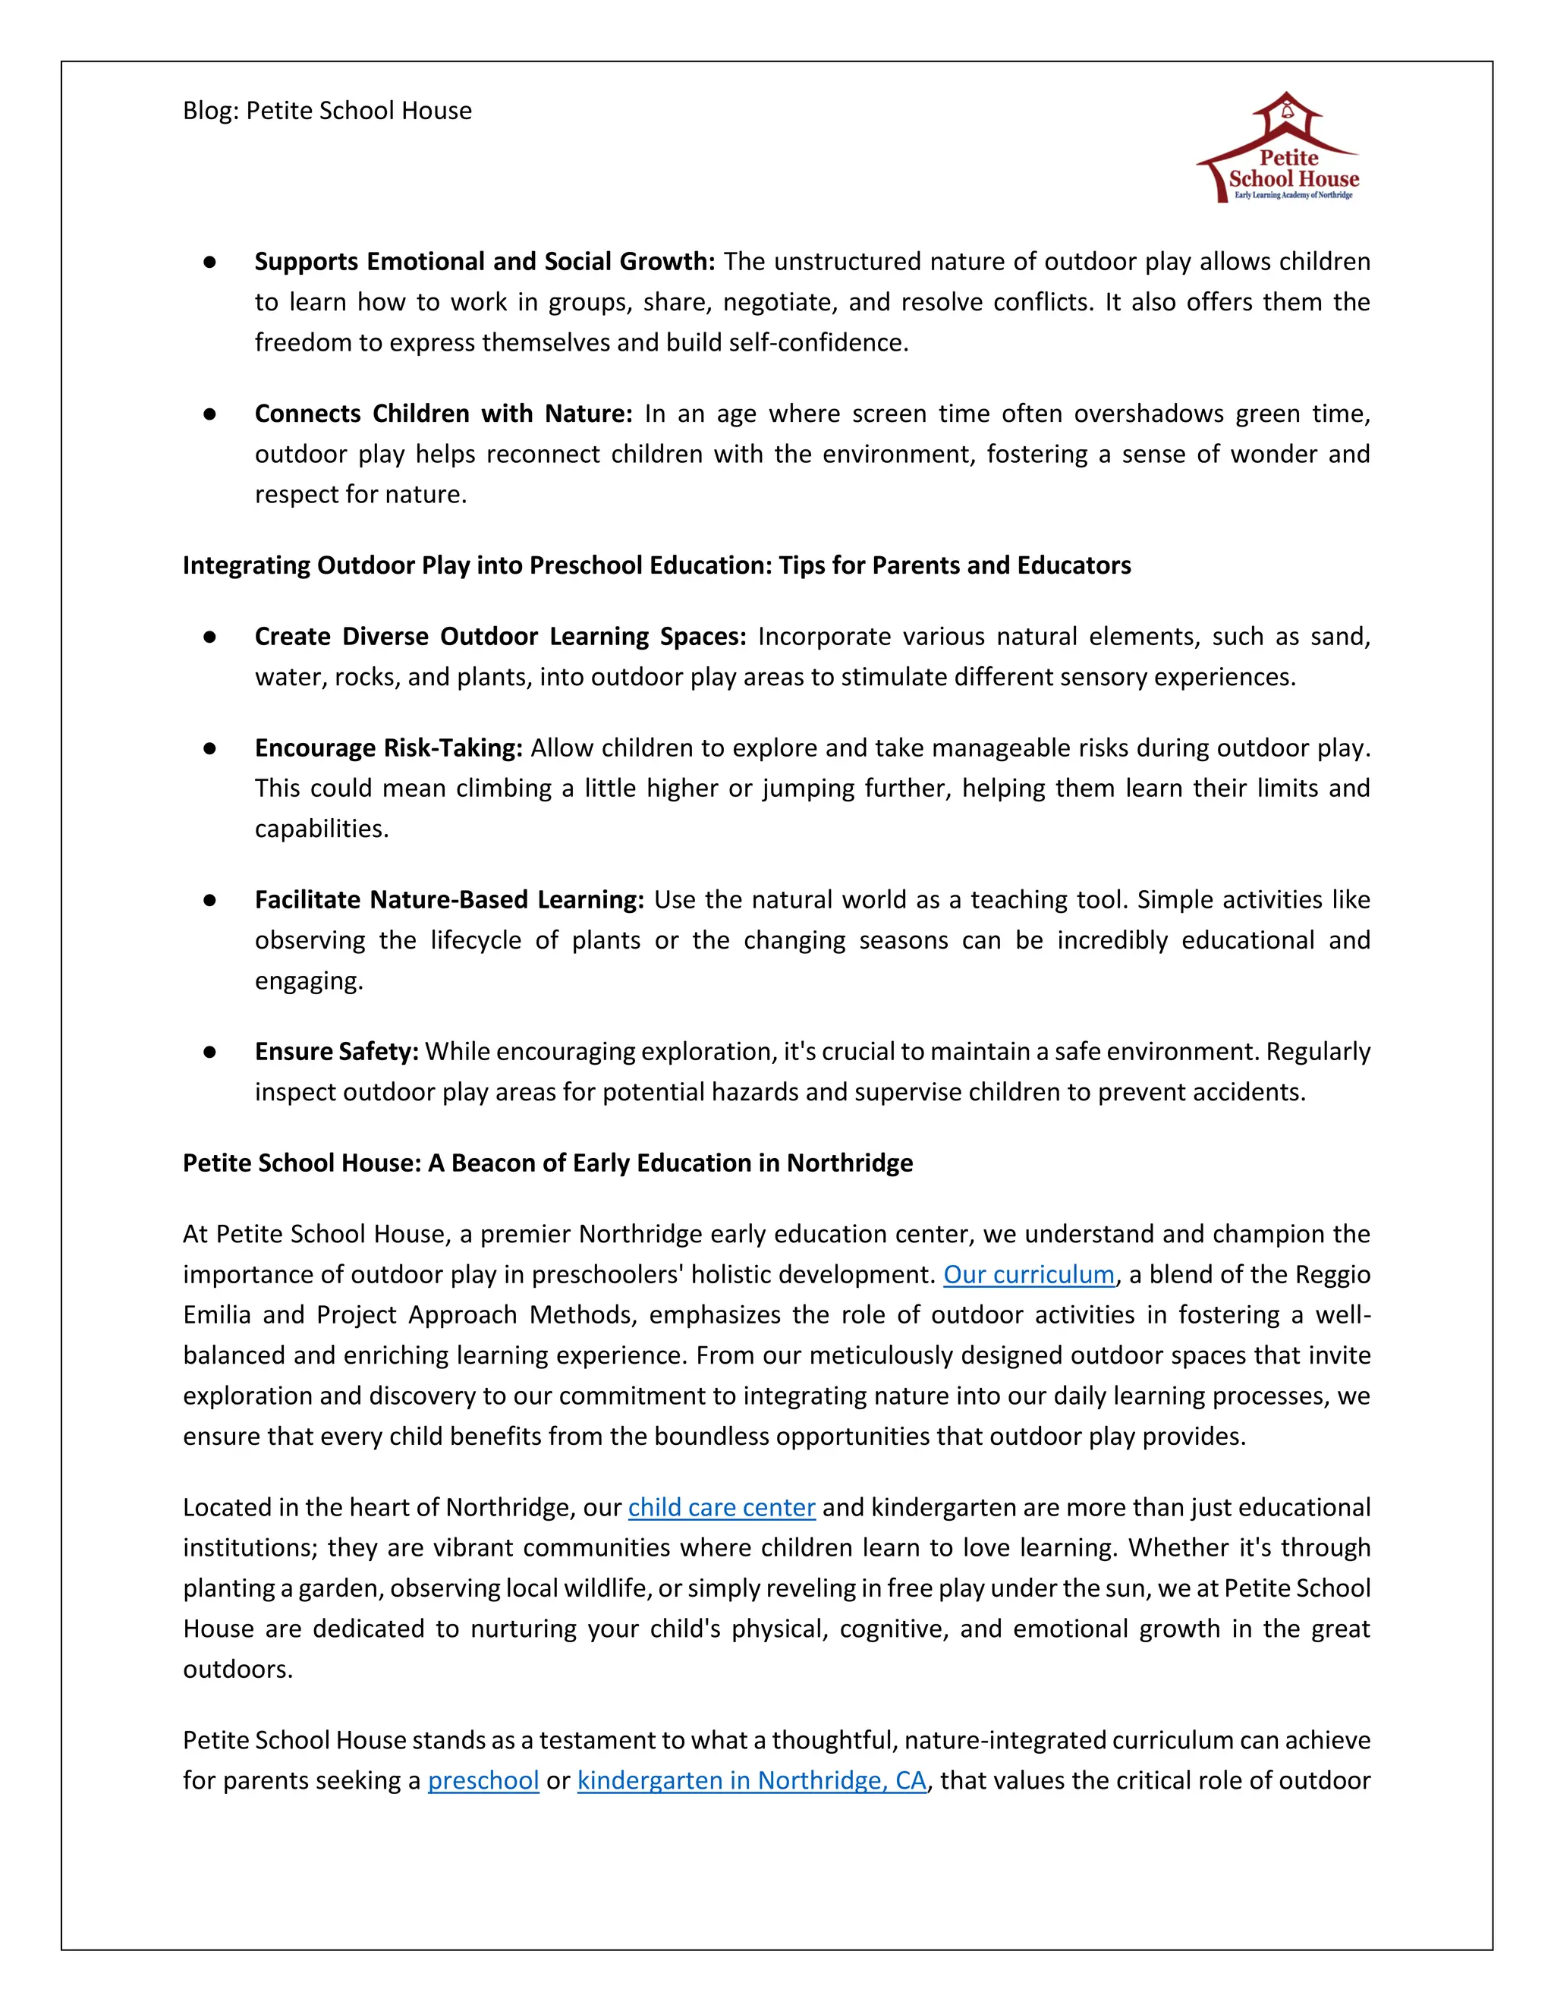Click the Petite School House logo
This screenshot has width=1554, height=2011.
point(1282,147)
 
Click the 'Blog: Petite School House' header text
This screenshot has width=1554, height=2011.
point(327,111)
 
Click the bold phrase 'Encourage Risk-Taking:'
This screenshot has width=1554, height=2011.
point(388,747)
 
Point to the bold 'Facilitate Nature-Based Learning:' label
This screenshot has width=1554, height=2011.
point(448,899)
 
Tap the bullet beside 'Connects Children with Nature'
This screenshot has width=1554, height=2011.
point(210,414)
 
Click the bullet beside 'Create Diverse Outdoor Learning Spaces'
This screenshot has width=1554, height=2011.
point(210,637)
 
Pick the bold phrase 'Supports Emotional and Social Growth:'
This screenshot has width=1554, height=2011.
point(484,262)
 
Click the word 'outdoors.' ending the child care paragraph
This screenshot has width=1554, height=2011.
point(238,1670)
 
